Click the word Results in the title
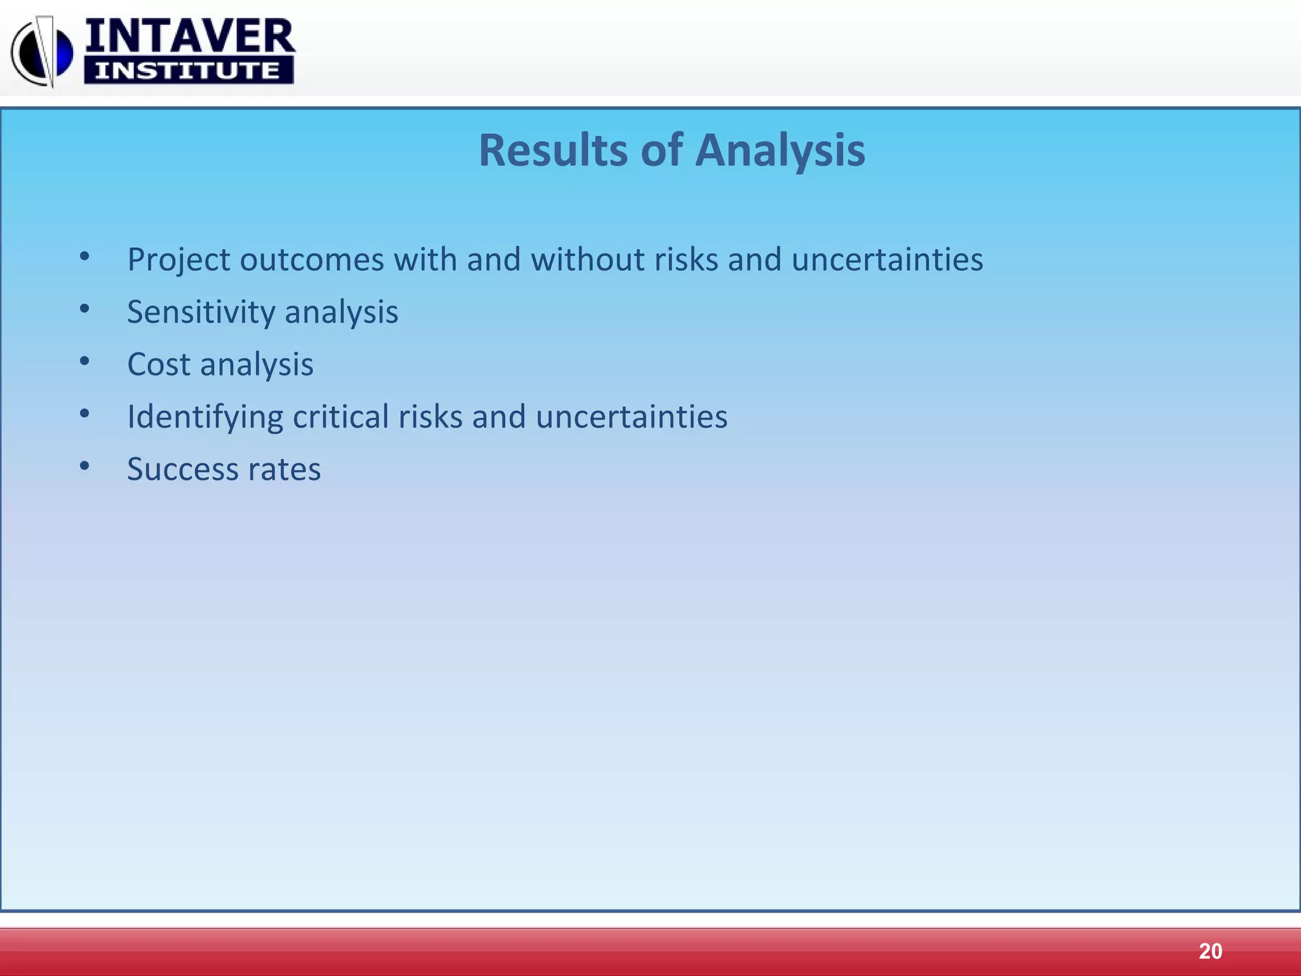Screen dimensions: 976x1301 tap(553, 151)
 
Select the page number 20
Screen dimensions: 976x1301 tap(1210, 951)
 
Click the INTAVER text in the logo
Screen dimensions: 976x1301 tap(189, 36)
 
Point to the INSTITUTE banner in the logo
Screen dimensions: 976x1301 tap(188, 70)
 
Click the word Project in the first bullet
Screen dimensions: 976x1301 tap(179, 260)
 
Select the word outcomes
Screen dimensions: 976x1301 tap(312, 260)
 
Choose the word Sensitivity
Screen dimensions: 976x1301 tap(201, 312)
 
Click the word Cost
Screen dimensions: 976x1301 tap(159, 365)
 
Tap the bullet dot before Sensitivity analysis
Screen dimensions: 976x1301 tap(84, 309)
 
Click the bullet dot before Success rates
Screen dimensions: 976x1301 tap(84, 466)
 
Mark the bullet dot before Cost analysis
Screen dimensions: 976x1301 tap(84, 362)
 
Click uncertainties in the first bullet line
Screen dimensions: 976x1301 tap(887, 260)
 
